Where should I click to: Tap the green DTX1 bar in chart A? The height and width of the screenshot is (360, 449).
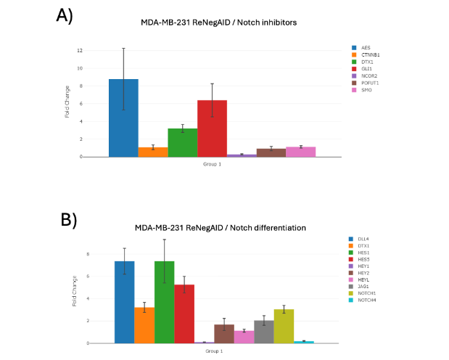(182, 142)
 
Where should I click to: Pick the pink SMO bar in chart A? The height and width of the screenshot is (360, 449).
(300, 152)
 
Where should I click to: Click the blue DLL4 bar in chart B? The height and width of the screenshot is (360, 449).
(124, 302)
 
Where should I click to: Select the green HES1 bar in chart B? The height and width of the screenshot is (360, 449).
(164, 302)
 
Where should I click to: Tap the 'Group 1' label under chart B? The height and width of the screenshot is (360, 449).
(213, 351)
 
